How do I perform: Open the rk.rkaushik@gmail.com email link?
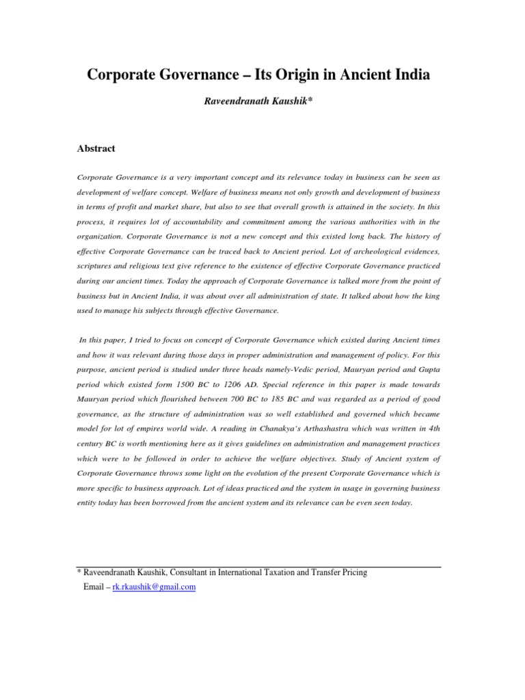pos(154,587)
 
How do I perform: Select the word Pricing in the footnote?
pos(351,572)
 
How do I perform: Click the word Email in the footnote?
pos(93,587)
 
